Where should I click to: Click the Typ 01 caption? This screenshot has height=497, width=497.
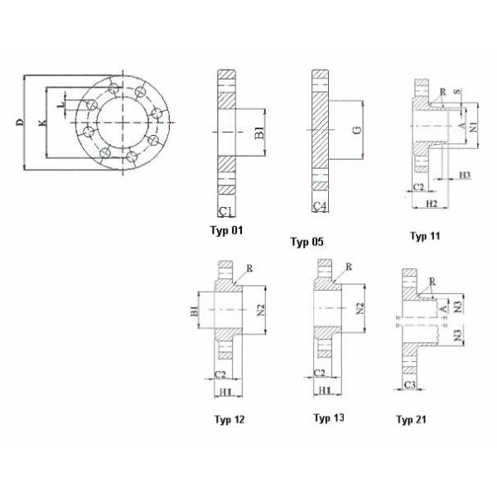228,229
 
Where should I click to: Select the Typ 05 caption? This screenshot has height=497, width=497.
306,242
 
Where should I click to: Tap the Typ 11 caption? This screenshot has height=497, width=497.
425,236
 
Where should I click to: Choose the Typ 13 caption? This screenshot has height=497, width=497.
329,417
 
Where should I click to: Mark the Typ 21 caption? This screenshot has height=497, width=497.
413,420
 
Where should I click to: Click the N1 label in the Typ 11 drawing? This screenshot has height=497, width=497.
473,127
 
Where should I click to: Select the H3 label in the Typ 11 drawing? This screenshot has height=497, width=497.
465,175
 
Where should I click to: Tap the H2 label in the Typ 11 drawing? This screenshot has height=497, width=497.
430,203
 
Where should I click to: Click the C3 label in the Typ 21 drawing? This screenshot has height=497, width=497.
411,387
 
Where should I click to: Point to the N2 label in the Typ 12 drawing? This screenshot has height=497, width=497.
260,310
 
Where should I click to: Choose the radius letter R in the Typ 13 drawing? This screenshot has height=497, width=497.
349,267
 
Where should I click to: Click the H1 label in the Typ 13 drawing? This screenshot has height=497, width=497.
324,389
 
